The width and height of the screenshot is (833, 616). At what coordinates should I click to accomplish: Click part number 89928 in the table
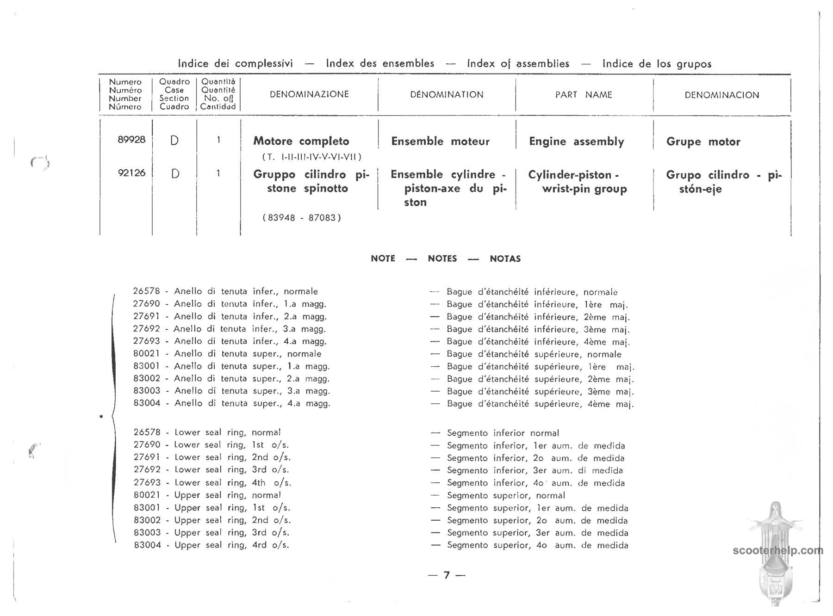point(131,140)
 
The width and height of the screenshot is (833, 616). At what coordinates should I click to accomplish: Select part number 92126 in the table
point(131,173)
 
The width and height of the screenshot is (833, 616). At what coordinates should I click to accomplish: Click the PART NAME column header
point(584,95)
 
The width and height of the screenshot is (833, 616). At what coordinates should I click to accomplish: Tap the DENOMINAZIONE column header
point(309,94)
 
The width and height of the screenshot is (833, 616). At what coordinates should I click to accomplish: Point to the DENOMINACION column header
point(721,95)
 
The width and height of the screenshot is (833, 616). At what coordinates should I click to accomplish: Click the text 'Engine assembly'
point(576,142)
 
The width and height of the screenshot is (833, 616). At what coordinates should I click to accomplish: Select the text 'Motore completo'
point(301,141)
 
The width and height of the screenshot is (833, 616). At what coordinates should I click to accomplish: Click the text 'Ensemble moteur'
point(440,142)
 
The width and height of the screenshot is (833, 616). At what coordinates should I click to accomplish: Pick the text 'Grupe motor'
point(703,142)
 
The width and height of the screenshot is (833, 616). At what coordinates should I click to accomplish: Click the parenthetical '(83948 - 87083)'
point(302,217)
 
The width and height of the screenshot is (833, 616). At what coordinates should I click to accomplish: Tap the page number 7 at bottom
point(447,575)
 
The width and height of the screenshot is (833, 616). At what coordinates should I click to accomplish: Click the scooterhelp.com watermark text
point(778,550)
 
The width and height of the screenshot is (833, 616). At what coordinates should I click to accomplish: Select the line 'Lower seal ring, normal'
point(227,432)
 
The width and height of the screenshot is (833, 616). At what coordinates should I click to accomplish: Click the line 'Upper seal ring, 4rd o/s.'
point(231,545)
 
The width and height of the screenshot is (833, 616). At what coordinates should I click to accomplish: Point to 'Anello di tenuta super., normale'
point(247,354)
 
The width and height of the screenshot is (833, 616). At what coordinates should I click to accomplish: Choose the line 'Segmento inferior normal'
point(503,433)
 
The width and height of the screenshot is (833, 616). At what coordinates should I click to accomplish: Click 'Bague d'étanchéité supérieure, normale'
point(534,354)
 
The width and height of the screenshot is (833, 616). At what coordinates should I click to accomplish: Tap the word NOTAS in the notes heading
point(505,259)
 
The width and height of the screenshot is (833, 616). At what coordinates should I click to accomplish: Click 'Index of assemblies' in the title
point(518,63)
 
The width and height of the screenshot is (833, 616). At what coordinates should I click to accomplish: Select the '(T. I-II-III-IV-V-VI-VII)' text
point(311,157)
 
